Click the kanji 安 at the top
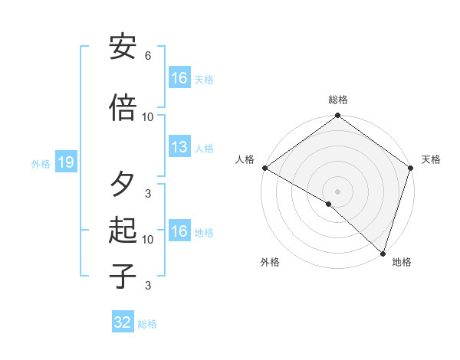click(123, 47)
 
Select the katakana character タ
click(123, 184)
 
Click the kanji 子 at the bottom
click(123, 276)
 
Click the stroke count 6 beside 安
click(148, 56)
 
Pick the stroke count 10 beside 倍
click(148, 117)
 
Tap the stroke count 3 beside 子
click(148, 286)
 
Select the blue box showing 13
click(179, 147)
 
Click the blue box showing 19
click(65, 162)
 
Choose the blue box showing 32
click(123, 322)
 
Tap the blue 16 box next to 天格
click(179, 77)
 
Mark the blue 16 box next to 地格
click(179, 231)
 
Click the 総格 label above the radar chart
click(338, 100)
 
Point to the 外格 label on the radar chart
click(270, 262)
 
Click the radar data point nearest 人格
click(264, 168)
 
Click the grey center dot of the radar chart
click(338, 191)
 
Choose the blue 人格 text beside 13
click(204, 149)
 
